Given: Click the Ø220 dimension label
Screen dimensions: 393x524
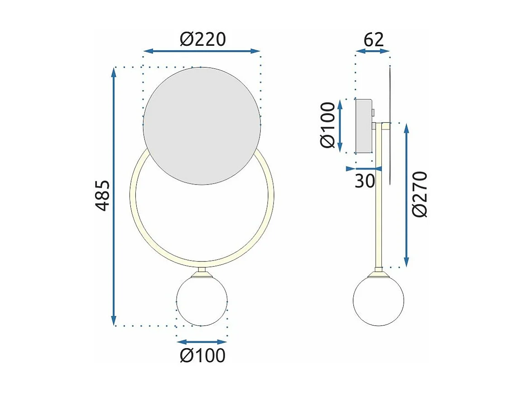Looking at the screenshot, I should tap(202, 40).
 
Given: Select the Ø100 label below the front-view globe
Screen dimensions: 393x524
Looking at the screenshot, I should tap(202, 355).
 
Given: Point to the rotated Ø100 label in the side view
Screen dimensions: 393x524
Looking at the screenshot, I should tap(327, 126).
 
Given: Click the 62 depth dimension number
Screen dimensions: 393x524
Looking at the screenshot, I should tap(374, 40).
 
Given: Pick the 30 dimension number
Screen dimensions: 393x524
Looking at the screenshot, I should tap(365, 181).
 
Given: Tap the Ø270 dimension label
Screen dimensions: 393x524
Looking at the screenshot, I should tap(420, 194).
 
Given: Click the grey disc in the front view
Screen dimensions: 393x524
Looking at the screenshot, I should tap(202, 126).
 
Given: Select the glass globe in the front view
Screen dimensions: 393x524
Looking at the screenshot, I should tap(202, 301).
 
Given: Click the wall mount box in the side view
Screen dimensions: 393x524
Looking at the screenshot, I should tap(364, 126).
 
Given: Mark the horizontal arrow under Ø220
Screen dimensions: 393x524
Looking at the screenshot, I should tap(202, 51).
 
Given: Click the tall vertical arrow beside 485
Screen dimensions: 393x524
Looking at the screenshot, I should tap(114, 196).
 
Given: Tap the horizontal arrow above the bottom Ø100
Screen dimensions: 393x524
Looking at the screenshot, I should tap(202, 342).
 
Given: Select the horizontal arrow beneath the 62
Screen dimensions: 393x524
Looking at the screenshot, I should tap(372, 51).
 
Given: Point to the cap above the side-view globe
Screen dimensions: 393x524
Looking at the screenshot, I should tap(378, 273).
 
